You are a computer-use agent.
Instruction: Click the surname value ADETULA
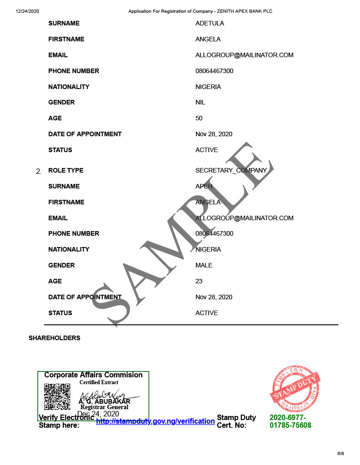(x=210, y=23)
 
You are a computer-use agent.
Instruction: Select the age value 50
(x=199, y=118)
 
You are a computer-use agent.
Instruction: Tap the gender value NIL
(x=200, y=102)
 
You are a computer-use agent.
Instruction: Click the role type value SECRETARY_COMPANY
(x=231, y=170)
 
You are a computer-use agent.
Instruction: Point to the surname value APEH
(x=204, y=186)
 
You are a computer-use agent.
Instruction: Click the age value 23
(x=199, y=281)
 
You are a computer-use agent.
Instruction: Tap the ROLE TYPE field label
(x=65, y=170)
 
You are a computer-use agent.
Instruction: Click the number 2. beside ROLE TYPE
(x=38, y=171)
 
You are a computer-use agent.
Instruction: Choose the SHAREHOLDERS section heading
(x=55, y=338)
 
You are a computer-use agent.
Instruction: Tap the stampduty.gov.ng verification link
(x=155, y=421)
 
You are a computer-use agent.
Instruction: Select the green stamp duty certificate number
(x=290, y=421)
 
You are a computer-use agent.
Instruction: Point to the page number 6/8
(x=340, y=453)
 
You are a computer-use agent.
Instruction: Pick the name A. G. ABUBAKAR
(x=105, y=401)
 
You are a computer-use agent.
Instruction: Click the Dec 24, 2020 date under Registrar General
(x=98, y=414)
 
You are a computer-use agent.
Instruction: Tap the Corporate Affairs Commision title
(x=93, y=375)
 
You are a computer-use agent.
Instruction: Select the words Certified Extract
(x=99, y=382)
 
